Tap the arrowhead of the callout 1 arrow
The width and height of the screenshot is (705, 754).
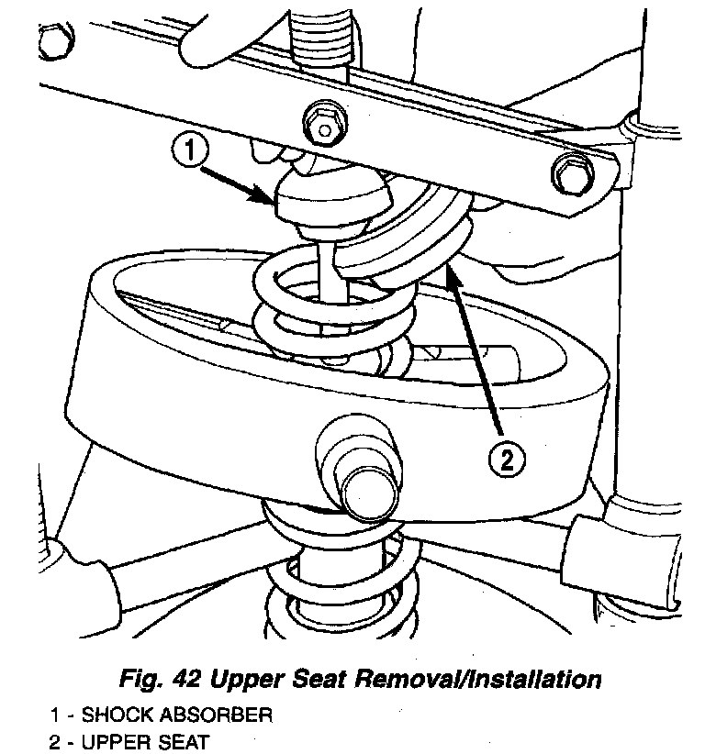pyautogui.click(x=272, y=201)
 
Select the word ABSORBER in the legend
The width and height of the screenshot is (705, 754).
pyautogui.click(x=221, y=713)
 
